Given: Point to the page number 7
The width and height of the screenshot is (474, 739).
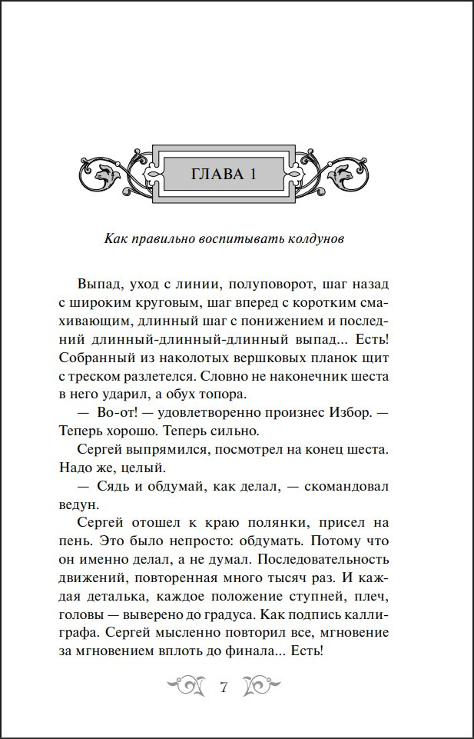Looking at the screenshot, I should [x=224, y=687].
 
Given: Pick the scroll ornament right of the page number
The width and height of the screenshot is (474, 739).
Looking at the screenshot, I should [x=262, y=685].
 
